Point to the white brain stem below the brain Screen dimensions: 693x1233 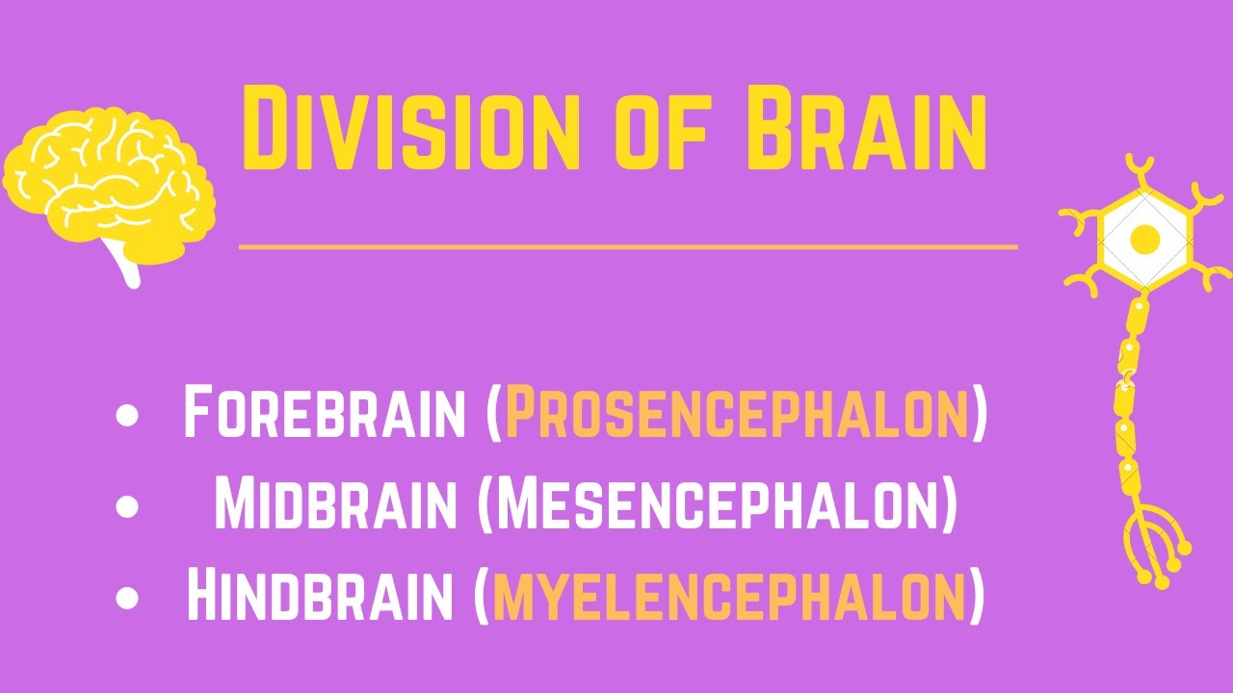click(x=126, y=264)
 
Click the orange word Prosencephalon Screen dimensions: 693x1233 click(x=737, y=413)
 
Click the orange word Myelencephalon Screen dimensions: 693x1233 click(x=729, y=595)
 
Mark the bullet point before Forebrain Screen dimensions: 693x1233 click(x=126, y=415)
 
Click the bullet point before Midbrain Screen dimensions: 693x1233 click(x=126, y=505)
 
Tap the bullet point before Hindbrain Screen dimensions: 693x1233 click(x=126, y=596)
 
